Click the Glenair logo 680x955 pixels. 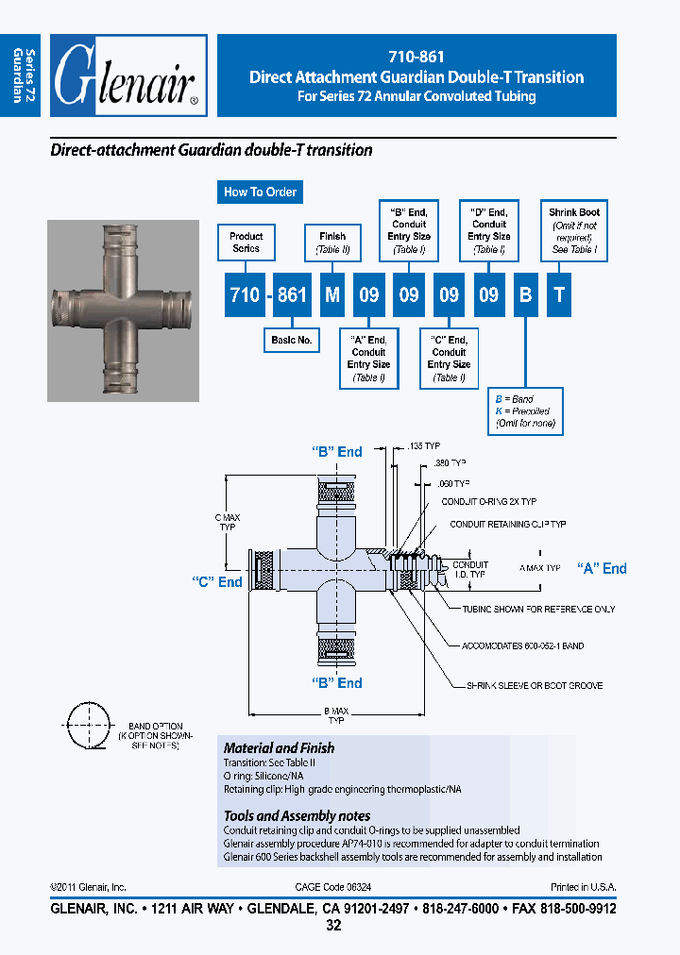(127, 75)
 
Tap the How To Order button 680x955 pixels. (260, 192)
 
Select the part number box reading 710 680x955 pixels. (245, 294)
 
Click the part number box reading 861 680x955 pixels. (292, 294)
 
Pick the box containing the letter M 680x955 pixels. (331, 294)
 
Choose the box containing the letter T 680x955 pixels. (559, 294)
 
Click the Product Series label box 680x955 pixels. (246, 243)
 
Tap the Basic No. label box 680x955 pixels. (292, 340)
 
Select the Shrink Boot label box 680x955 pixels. (574, 231)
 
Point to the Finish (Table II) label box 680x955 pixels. (332, 243)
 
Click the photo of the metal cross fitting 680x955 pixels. (123, 310)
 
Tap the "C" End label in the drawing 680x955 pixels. (217, 582)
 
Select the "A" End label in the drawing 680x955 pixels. (602, 568)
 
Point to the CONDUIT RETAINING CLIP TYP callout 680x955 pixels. (507, 524)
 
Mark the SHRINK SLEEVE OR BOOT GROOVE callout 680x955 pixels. (534, 685)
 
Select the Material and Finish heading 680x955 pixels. (279, 747)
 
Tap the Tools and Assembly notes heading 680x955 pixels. (297, 815)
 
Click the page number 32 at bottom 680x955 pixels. (333, 926)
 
